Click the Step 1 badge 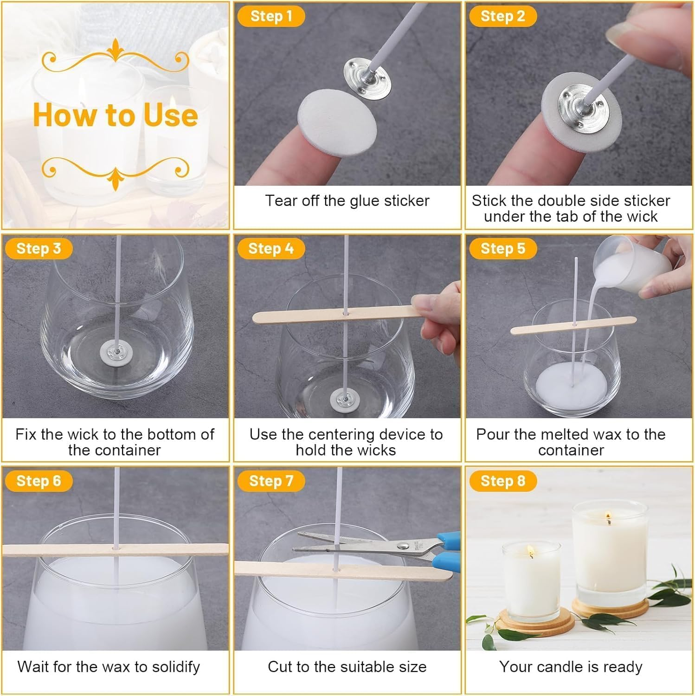coord(271,16)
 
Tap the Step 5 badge coord(502,248)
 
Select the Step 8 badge coord(502,481)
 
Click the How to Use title coord(116,115)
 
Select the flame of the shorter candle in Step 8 coord(530,552)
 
